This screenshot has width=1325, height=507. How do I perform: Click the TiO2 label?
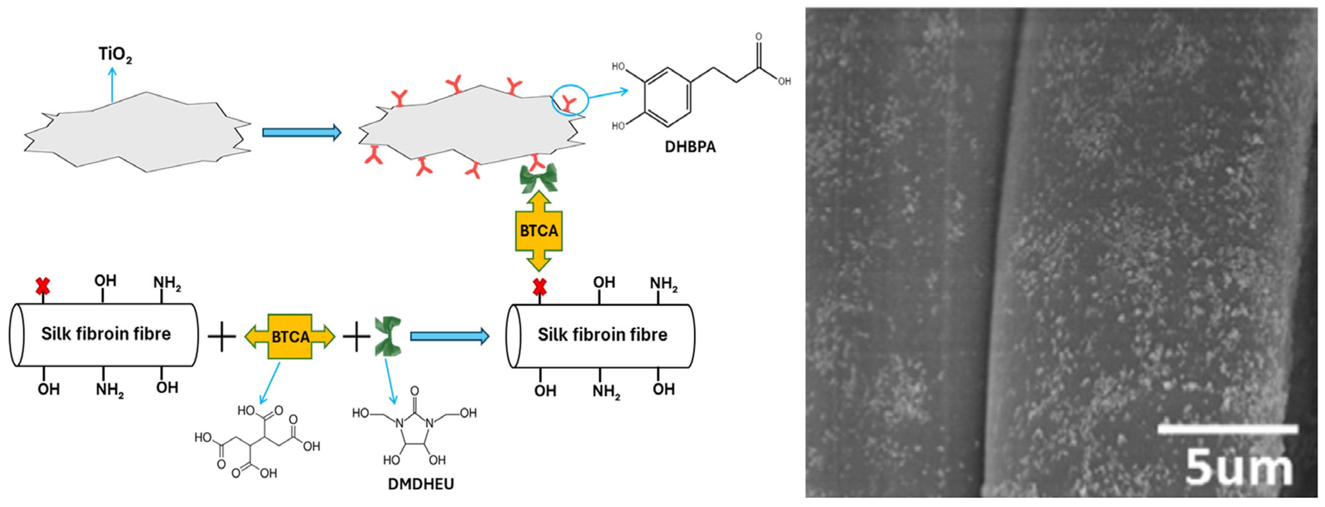point(115,55)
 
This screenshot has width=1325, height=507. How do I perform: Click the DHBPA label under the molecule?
point(690,147)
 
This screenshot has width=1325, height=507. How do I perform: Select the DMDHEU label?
point(421,484)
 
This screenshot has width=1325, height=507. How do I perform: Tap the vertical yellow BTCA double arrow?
point(538,231)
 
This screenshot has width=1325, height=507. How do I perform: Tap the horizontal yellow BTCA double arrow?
point(290,337)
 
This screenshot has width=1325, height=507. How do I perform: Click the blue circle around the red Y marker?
point(570,100)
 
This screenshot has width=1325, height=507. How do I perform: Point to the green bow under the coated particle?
point(538,177)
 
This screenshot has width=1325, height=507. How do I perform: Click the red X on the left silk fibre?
point(43,286)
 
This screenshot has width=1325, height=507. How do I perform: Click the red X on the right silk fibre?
point(539,287)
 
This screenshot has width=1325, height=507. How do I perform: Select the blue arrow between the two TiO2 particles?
point(301,133)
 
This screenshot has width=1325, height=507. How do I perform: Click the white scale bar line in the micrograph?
point(1227,429)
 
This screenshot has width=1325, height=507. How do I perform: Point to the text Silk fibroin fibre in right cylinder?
point(602,335)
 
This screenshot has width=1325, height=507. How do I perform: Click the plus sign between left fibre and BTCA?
point(222,337)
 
